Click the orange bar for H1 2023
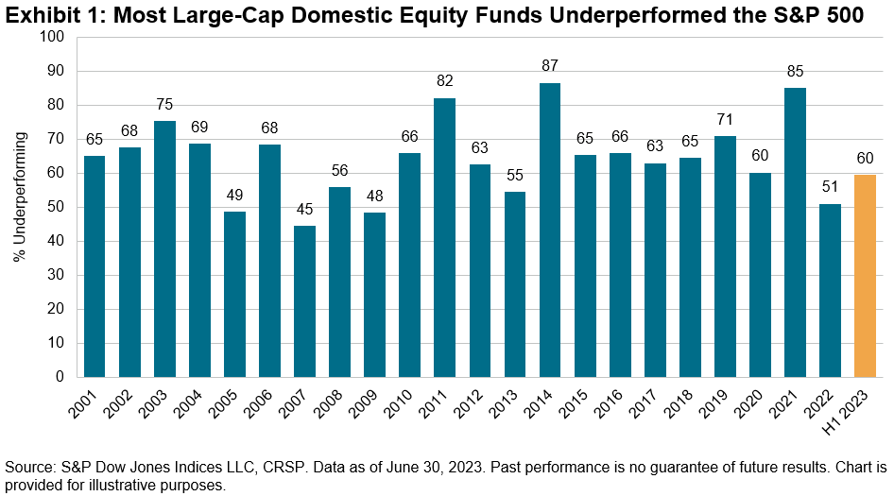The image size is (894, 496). tap(865, 276)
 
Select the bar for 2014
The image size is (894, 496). tap(550, 231)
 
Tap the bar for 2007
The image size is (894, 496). tap(304, 301)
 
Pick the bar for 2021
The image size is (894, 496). tap(795, 232)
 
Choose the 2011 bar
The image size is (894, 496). tap(445, 238)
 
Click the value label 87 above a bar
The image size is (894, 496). tap(550, 66)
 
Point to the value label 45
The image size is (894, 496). tap(304, 209)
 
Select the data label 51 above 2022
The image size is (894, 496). tap(830, 187)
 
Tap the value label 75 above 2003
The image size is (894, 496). tap(164, 104)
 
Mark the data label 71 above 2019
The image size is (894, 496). tap(725, 120)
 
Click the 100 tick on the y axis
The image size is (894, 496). tap(52, 37)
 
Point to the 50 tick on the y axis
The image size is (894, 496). tap(56, 207)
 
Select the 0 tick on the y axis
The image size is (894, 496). tap(60, 377)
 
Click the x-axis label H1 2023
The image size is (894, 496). tap(849, 412)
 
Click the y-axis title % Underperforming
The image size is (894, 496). tap(21, 197)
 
